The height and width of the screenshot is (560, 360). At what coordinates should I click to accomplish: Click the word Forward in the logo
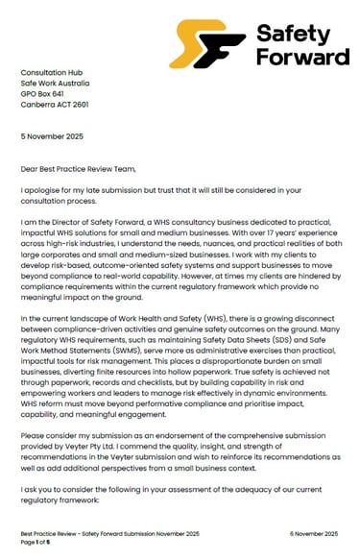[x=302, y=57]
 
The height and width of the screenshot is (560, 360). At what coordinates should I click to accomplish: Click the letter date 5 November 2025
[x=53, y=134]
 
